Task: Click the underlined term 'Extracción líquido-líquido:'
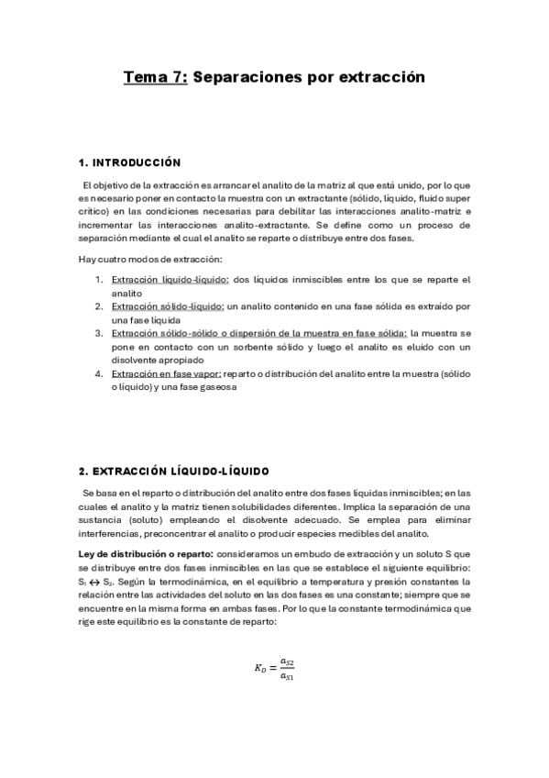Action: click(170, 280)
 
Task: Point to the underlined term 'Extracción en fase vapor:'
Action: click(165, 373)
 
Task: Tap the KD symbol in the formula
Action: click(259, 669)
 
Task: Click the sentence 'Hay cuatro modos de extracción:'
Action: click(150, 260)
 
